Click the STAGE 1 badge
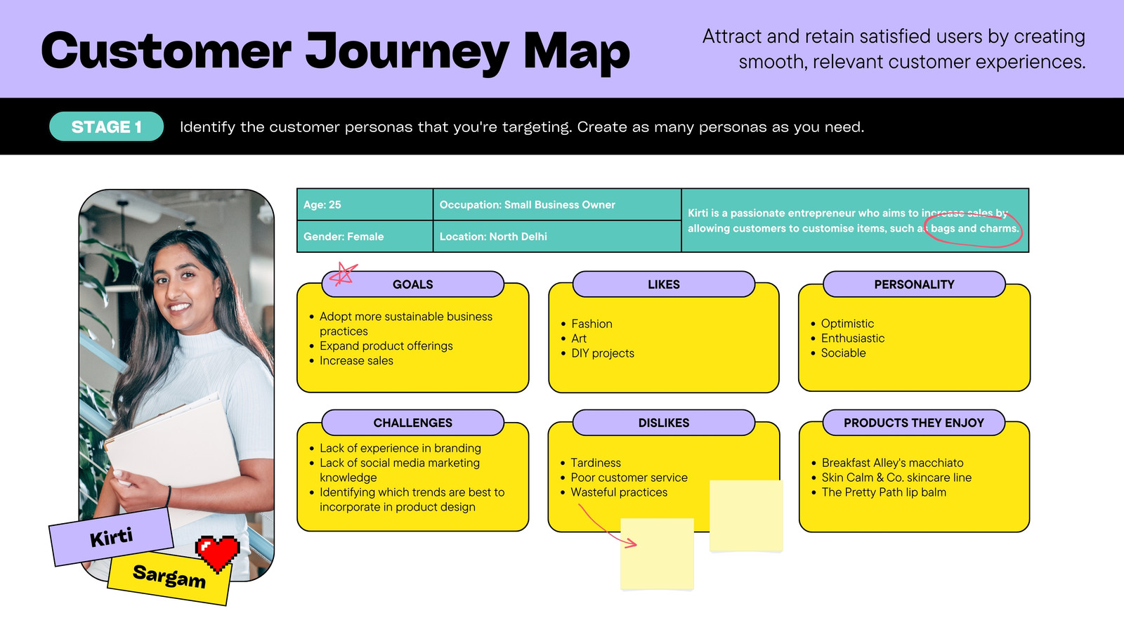(x=106, y=126)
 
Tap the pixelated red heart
(x=218, y=553)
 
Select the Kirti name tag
(x=112, y=536)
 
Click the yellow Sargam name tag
(x=169, y=577)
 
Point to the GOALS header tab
(x=412, y=284)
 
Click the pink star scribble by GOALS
(x=344, y=274)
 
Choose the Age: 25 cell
(x=365, y=204)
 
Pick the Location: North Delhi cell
(x=557, y=236)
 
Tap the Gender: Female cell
(x=365, y=236)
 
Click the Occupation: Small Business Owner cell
(x=557, y=204)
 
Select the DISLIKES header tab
(x=663, y=423)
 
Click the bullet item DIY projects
(x=603, y=353)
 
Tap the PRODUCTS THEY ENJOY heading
(x=914, y=423)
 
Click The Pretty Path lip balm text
(x=884, y=492)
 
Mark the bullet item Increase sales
(x=356, y=360)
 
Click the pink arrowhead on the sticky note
(x=631, y=542)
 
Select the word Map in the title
(x=577, y=52)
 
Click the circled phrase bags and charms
(x=974, y=228)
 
